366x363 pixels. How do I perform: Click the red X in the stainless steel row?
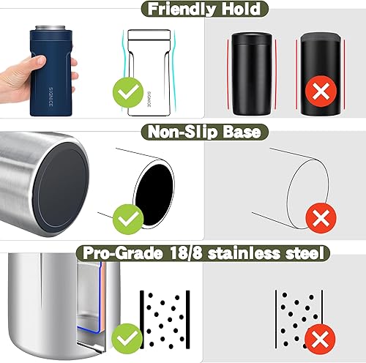pyautogui.click(x=317, y=338)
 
